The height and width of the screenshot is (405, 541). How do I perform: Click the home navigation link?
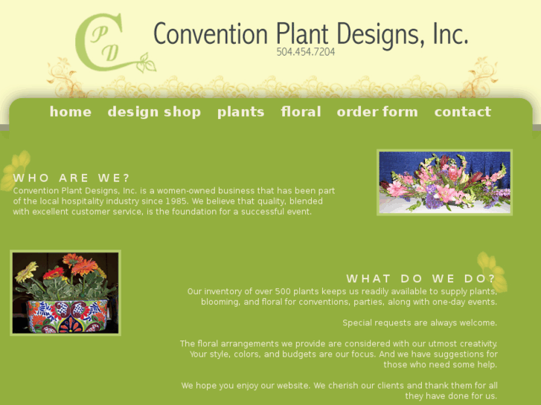click(70, 112)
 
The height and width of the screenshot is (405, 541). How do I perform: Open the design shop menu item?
click(154, 112)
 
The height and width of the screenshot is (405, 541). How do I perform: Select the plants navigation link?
click(240, 112)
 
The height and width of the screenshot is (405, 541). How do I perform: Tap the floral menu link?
click(301, 112)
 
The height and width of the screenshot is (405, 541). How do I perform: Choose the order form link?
click(377, 112)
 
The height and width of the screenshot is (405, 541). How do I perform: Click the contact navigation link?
click(462, 112)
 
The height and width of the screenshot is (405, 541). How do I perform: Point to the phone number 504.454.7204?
click(306, 52)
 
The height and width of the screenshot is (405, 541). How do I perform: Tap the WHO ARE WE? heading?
click(71, 178)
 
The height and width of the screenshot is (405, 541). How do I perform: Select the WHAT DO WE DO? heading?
click(421, 279)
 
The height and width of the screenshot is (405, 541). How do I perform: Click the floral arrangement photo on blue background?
click(445, 182)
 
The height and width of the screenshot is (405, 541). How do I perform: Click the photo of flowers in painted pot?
click(65, 293)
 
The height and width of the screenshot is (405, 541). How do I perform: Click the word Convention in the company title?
click(210, 34)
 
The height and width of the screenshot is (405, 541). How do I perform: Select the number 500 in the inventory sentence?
click(281, 291)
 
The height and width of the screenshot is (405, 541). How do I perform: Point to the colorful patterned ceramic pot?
click(65, 315)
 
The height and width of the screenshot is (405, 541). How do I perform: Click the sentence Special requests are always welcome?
click(420, 323)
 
